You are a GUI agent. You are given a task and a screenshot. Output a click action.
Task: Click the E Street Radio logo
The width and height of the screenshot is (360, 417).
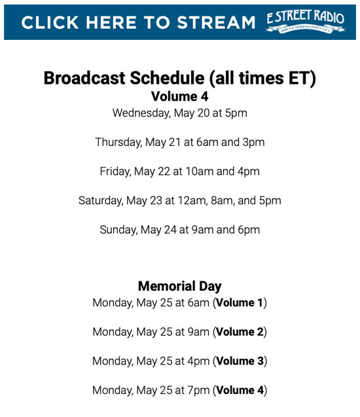tap(306, 22)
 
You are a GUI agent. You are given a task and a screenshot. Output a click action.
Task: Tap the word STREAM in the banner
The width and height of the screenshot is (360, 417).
tap(216, 22)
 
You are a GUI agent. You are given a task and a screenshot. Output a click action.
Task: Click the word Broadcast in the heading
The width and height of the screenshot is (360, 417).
tap(84, 78)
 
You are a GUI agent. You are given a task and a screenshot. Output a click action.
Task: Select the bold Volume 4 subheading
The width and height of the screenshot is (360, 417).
tap(180, 96)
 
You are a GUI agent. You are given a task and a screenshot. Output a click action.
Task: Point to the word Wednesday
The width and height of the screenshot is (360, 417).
tap(141, 113)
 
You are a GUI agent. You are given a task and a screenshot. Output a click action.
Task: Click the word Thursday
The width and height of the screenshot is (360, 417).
tap(118, 142)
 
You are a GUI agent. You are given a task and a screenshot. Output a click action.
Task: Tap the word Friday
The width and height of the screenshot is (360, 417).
tap(115, 172)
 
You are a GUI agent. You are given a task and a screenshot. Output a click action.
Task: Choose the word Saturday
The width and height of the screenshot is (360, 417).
tap(101, 201)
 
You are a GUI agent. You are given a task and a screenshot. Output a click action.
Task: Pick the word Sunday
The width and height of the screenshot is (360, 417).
tap(118, 230)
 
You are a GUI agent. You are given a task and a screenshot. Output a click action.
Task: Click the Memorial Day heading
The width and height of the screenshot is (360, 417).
tap(180, 287)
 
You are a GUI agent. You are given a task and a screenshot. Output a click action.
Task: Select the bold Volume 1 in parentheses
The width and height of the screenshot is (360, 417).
tap(240, 302)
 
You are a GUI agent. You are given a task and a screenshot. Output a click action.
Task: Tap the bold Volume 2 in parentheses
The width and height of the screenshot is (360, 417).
tap(240, 332)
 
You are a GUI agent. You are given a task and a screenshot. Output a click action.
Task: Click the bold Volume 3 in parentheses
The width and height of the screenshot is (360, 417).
tap(240, 361)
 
